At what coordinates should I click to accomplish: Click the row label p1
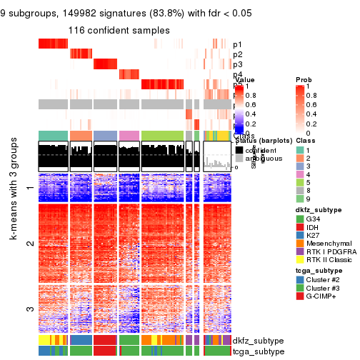[x=237, y=44]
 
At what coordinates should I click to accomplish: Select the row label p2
[x=237, y=54]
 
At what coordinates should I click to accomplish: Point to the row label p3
[x=237, y=65]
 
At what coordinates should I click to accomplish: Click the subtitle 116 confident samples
[x=119, y=30]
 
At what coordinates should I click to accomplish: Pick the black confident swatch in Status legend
[x=239, y=150]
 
